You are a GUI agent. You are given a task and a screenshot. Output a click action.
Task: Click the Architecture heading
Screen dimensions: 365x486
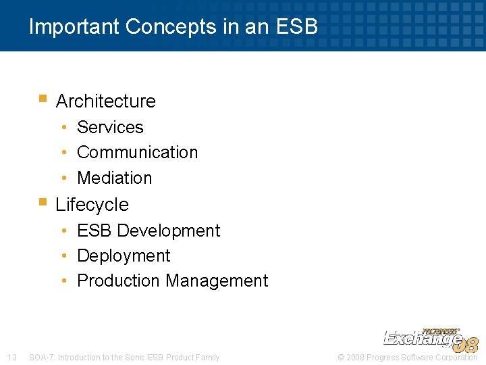(x=105, y=101)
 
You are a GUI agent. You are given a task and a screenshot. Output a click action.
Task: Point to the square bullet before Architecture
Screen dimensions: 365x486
(x=43, y=99)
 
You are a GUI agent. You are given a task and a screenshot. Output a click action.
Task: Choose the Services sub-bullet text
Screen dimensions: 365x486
(x=110, y=127)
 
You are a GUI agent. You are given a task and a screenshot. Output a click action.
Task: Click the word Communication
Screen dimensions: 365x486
(x=137, y=152)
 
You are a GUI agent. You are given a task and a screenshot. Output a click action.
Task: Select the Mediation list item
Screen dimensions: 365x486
(x=115, y=178)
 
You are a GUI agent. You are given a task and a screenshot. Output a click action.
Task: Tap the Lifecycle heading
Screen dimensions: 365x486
(x=92, y=204)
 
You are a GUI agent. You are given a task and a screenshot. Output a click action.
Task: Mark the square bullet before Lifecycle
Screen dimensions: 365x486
(x=43, y=201)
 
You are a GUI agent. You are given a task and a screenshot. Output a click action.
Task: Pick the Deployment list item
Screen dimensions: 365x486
(x=124, y=255)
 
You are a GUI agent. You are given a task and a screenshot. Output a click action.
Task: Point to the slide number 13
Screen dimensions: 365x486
(x=11, y=357)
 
